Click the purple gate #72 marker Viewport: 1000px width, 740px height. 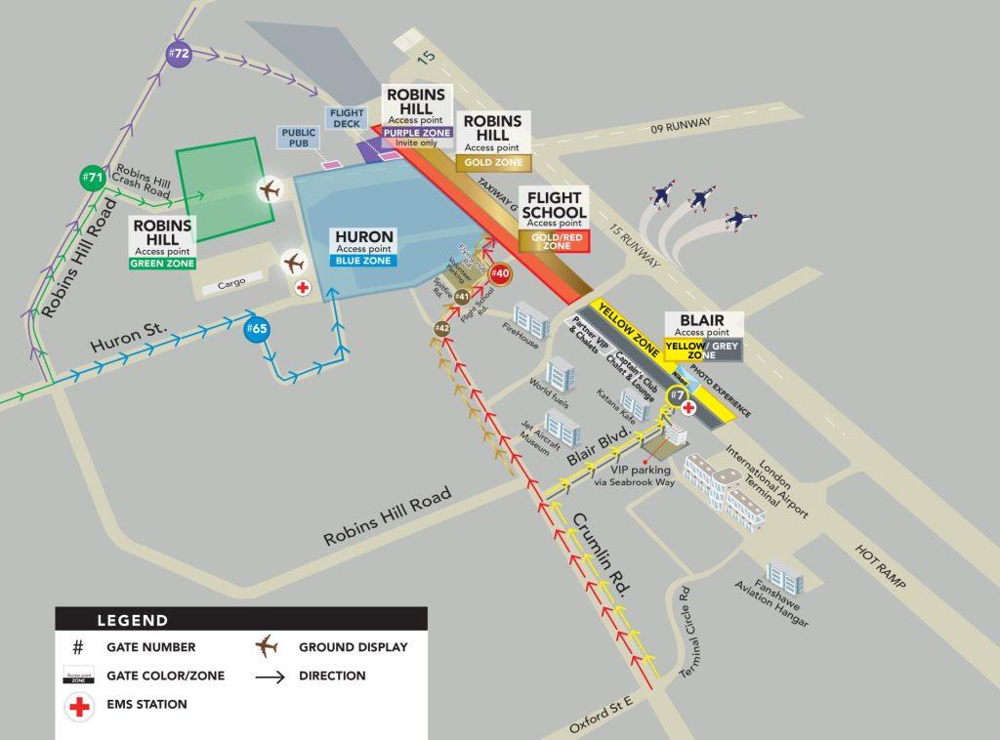[x=178, y=55]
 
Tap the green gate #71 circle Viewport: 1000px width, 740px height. [x=93, y=179]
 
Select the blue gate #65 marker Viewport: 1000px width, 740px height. [x=256, y=329]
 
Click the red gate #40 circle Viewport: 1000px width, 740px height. [x=500, y=273]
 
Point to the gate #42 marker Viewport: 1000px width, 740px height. [x=442, y=329]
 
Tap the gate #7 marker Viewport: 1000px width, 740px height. [x=678, y=396]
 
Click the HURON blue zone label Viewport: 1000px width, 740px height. [x=364, y=248]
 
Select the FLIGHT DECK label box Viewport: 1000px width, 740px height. [x=346, y=119]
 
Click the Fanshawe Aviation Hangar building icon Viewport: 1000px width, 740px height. [x=785, y=577]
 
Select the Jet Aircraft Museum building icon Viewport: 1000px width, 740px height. [x=563, y=426]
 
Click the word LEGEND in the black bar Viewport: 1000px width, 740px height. [x=133, y=620]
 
